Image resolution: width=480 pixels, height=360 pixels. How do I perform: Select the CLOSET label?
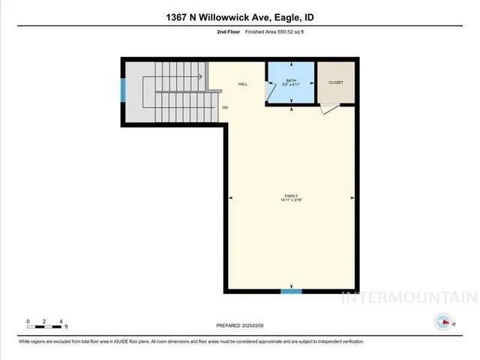tap(335, 82)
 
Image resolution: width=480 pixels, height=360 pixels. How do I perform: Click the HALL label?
tap(243, 84)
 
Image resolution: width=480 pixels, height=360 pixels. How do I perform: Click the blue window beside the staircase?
tap(123, 90)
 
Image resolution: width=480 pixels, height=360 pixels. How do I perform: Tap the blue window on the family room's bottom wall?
tap(291, 291)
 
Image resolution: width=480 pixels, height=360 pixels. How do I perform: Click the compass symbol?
tap(443, 322)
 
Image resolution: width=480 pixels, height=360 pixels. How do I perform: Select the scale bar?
tap(45, 323)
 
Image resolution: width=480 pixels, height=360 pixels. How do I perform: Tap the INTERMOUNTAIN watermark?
tap(409, 297)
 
